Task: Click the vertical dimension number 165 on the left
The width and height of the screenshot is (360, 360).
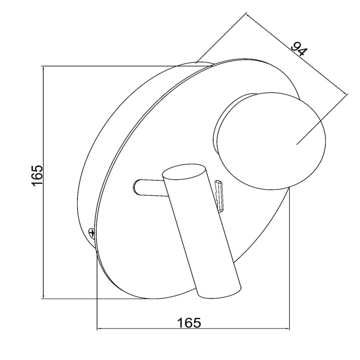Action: (x=37, y=175)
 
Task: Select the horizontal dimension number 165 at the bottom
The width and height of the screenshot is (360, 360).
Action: (x=189, y=323)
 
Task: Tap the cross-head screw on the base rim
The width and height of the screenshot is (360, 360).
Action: (x=92, y=234)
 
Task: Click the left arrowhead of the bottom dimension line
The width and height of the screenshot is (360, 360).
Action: (x=98, y=329)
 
